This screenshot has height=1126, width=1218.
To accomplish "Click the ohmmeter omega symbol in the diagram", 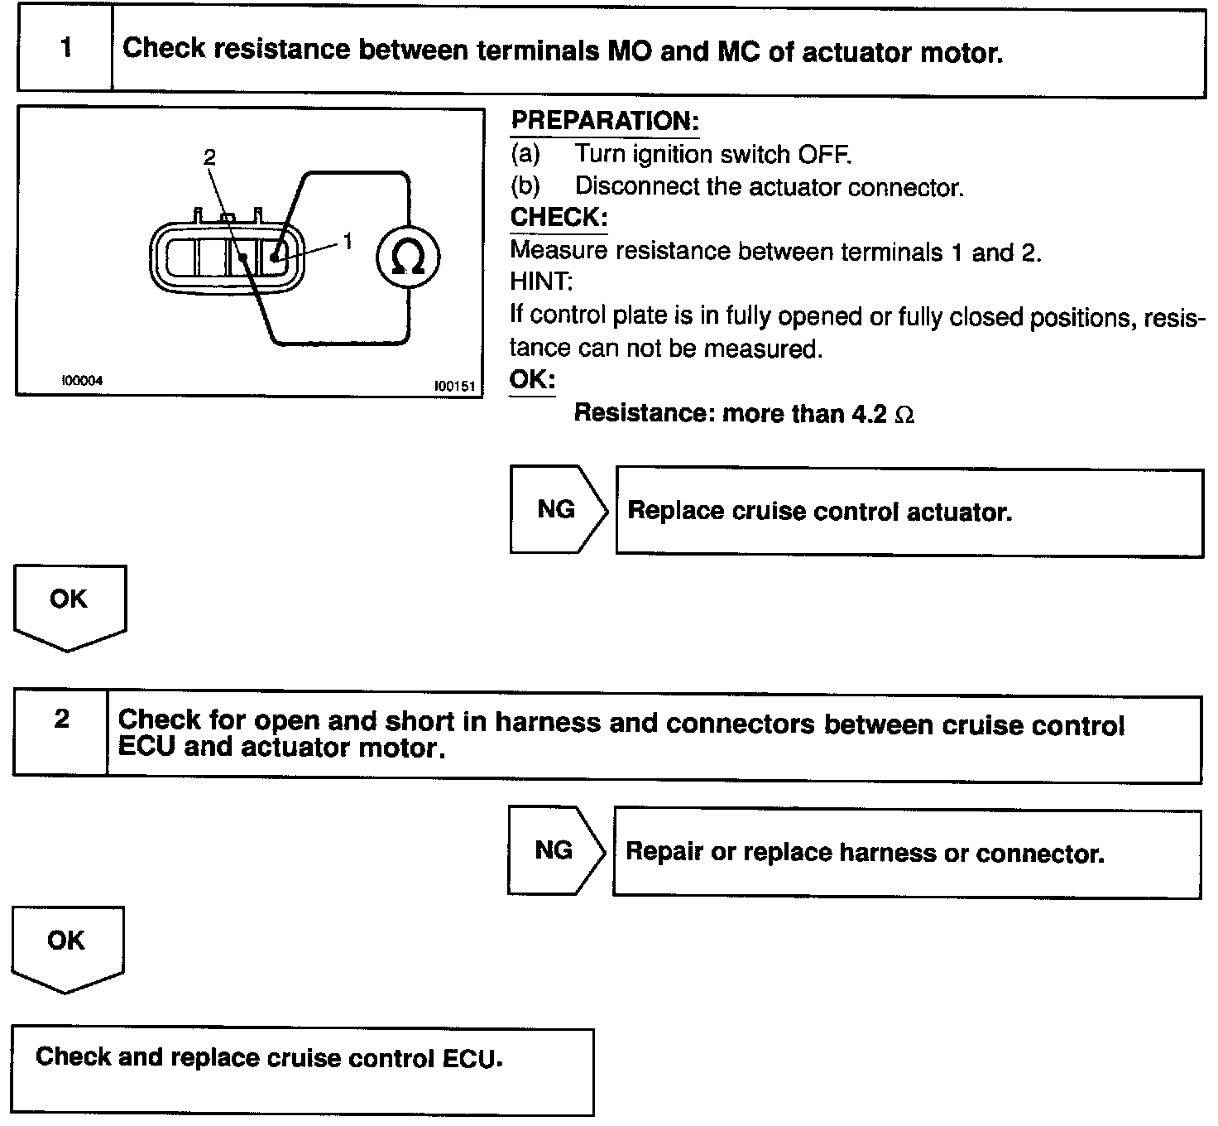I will [408, 258].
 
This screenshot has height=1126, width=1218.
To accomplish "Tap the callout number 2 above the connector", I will [209, 157].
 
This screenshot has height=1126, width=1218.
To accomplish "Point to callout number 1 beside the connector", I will [348, 240].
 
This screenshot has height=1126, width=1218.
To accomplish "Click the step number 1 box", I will [65, 49].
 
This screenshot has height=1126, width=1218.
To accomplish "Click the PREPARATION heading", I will [605, 121].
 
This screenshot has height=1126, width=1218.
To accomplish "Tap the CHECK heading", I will [559, 217].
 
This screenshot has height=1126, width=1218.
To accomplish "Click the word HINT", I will [541, 281].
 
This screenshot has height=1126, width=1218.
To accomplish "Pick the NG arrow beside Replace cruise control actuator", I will [557, 508].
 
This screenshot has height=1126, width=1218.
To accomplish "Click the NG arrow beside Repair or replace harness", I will [554, 849].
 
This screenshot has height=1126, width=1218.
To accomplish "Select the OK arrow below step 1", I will [69, 602].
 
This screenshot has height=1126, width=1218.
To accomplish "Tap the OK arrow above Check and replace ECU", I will [66, 943].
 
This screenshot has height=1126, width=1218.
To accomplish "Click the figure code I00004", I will [83, 381].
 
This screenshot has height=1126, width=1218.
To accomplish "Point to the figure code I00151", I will [453, 386].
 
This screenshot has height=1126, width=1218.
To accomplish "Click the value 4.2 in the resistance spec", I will [869, 413].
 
